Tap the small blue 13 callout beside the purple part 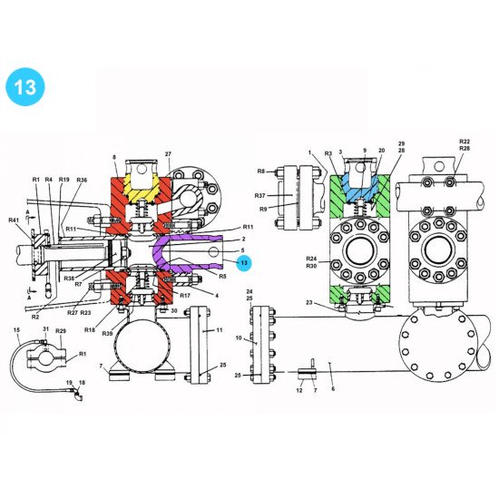tap(243, 262)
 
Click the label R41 tap(13, 220)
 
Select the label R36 tap(82, 180)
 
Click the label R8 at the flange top tap(260, 170)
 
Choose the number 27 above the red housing tap(168, 155)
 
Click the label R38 tap(69, 278)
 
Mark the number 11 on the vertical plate tap(218, 333)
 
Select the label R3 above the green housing tap(328, 154)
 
